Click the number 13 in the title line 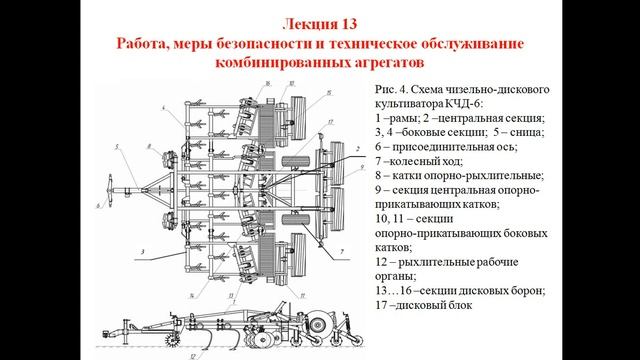347,24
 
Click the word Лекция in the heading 308,24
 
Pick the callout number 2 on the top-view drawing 358,149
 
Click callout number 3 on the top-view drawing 142,252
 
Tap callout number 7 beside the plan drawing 342,252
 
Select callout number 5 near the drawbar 117,148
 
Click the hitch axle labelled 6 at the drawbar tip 110,191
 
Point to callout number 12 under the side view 193,356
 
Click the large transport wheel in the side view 317,324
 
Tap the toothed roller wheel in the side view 173,339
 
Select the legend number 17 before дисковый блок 383,305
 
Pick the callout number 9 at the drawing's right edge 362,167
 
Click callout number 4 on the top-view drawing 163,108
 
